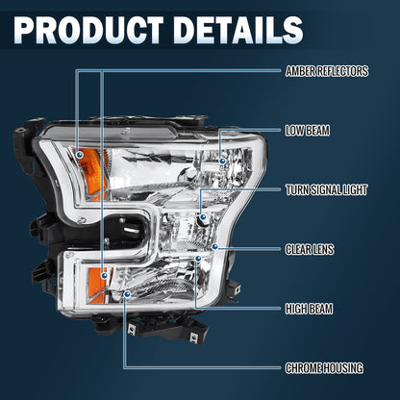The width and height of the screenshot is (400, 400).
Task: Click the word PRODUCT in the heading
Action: click(88, 30)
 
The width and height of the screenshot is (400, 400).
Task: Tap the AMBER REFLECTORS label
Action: click(327, 71)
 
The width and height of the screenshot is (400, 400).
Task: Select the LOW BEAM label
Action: click(308, 131)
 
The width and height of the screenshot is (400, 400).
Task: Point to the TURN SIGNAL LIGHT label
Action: click(326, 189)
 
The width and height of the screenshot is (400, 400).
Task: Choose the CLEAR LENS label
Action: click(310, 249)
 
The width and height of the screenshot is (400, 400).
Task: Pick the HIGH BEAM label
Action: click(309, 309)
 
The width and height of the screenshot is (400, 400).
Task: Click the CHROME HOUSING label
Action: click(324, 368)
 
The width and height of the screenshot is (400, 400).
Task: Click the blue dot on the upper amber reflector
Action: click(80, 155)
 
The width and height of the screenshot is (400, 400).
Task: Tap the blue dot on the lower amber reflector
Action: click(104, 275)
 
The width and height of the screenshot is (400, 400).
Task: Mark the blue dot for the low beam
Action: click(222, 161)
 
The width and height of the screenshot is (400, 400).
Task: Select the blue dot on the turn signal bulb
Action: click(203, 217)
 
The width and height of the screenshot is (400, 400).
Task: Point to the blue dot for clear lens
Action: click(215, 246)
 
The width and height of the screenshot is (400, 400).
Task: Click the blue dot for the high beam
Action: click(198, 259)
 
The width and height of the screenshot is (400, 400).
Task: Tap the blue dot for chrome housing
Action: click(127, 293)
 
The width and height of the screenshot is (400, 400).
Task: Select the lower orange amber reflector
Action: click(99, 285)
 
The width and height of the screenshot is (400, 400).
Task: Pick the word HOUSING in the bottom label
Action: click(343, 368)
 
